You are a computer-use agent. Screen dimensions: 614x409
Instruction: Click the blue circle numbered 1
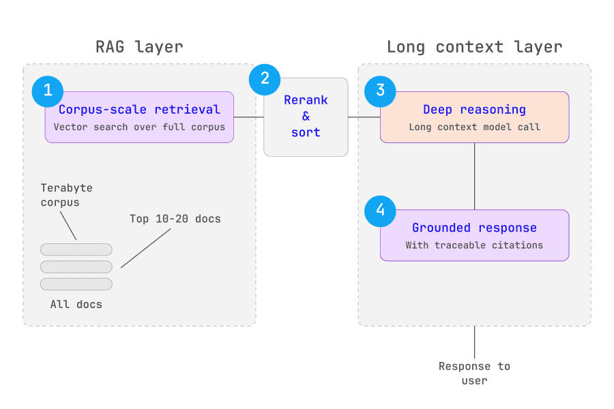[48, 91]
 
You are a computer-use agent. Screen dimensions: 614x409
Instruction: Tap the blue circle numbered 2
[265, 80]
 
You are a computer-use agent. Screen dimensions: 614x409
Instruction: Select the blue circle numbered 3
[380, 91]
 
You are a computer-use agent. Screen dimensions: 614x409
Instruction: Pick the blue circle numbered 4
[380, 211]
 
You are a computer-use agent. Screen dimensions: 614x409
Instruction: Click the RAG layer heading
[139, 47]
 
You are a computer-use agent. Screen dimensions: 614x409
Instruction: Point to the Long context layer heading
[475, 47]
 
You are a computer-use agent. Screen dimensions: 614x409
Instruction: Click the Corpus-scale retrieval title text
[139, 110]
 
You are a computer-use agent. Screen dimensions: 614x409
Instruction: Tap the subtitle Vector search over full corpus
[139, 127]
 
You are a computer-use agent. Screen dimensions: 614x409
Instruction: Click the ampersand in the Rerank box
[306, 117]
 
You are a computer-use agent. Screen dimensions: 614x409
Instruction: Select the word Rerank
[306, 100]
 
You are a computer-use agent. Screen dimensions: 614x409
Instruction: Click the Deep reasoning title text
[475, 110]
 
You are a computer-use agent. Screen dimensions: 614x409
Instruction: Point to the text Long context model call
[475, 127]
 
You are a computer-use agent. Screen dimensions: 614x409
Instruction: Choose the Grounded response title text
[475, 228]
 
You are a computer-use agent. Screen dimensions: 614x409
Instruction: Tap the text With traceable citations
[475, 245]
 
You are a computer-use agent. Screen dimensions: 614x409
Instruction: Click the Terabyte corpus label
[67, 195]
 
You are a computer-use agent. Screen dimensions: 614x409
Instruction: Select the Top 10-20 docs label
[175, 219]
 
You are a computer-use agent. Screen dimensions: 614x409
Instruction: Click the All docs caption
[76, 305]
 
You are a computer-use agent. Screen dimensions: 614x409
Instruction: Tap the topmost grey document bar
[76, 249]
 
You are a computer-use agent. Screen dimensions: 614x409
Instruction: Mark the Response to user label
[475, 374]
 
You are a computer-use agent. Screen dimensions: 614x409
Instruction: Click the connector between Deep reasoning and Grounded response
[475, 176]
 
